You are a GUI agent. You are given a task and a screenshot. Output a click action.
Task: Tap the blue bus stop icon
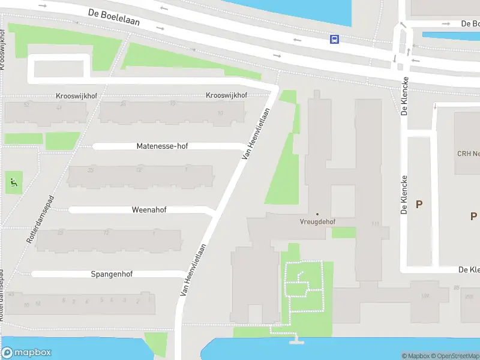coord(334,39)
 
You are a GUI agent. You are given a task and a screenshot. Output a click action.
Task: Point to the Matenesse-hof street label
coord(162,146)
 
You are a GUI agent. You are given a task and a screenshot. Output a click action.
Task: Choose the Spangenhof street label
coord(112,274)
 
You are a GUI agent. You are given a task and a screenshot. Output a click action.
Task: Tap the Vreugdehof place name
coord(317,221)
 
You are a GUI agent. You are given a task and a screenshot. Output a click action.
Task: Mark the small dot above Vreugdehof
coord(317,214)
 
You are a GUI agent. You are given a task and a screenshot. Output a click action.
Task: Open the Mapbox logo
coord(26,353)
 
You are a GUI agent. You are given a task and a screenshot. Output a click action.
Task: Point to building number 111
coord(376,224)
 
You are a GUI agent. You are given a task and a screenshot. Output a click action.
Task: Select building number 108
coord(425,295)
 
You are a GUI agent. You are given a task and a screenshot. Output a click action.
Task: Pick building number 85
coord(457,287)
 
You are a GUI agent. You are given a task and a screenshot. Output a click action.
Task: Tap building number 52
coord(26,104)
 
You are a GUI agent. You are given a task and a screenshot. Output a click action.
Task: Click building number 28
coord(123,104)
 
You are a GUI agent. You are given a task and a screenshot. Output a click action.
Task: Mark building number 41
coord(59,107)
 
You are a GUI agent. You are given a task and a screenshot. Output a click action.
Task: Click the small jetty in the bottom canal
coord(295,341)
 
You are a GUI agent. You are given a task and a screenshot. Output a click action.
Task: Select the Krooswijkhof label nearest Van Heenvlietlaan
coord(226,95)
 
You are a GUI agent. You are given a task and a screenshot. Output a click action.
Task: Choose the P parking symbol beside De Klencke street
coord(419,205)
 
